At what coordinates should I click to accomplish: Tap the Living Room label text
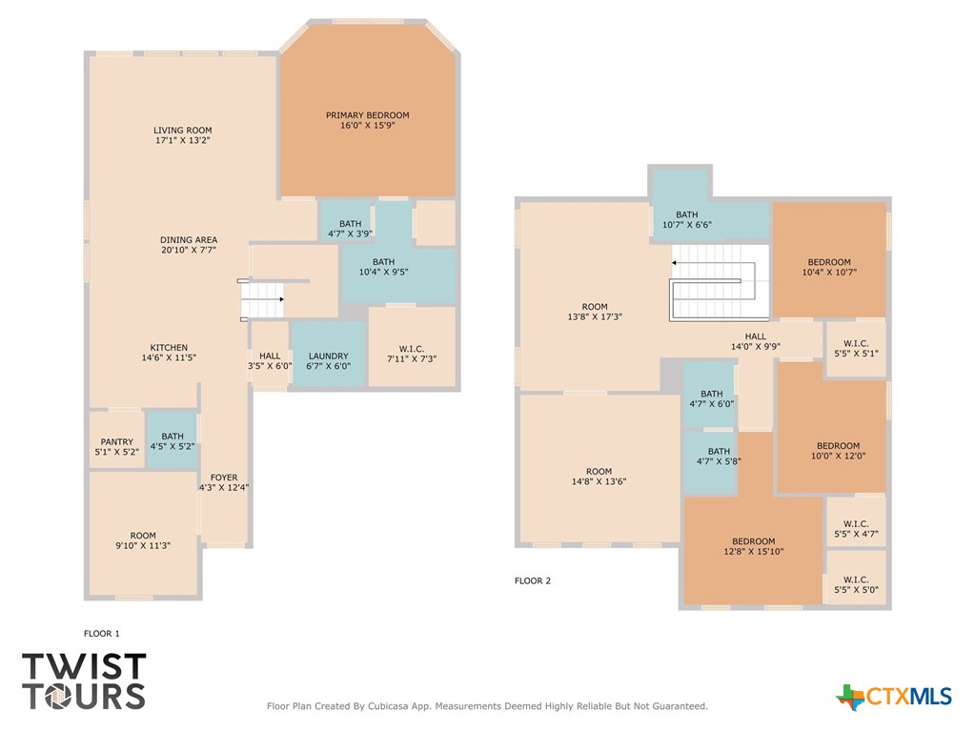click(x=182, y=131)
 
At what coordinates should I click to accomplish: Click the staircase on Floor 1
click(x=262, y=300)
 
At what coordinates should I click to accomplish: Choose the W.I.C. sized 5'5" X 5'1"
click(x=855, y=348)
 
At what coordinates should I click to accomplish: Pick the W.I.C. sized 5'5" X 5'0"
click(x=855, y=584)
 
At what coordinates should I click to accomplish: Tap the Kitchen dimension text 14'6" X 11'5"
click(x=169, y=358)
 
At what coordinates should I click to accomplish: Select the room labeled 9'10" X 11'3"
click(x=143, y=540)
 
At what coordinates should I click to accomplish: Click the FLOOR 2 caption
click(x=533, y=580)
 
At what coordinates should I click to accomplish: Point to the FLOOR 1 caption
click(x=102, y=633)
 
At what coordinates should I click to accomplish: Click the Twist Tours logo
click(x=84, y=680)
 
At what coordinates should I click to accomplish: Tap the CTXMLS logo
click(x=894, y=698)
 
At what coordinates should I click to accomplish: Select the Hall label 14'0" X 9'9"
click(x=755, y=342)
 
